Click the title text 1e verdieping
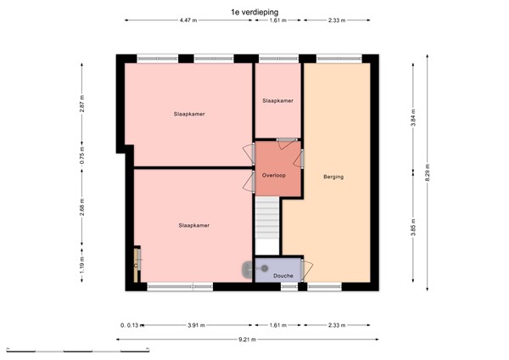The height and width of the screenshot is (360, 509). coord(254,11)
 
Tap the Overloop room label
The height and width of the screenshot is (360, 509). coord(274,175)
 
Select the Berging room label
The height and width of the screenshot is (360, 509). coord(333,177)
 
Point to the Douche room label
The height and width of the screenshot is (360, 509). coord(283,276)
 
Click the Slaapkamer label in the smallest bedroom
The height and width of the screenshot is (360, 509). coord(277,101)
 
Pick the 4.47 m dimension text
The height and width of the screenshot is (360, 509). coord(188,20)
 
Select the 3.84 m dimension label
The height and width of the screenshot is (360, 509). coord(413,116)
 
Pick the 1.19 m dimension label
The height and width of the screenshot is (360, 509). coord(82,267)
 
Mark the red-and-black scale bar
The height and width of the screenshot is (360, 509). coord(76,348)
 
